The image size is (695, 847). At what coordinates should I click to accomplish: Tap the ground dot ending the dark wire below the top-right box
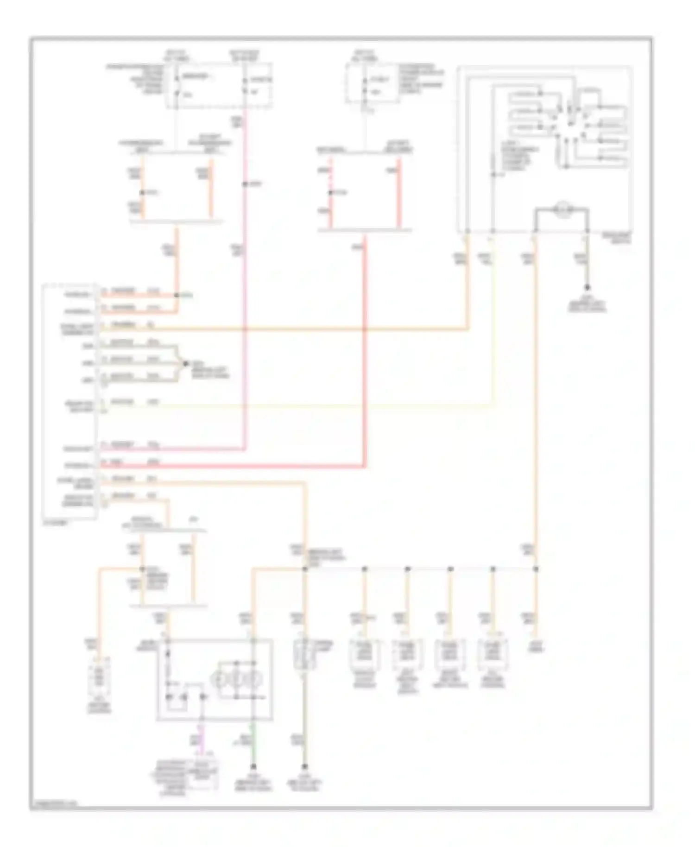[x=587, y=288]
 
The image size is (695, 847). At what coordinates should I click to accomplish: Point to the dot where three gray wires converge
[x=186, y=364]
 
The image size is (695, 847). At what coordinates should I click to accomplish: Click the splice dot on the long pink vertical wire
[x=244, y=184]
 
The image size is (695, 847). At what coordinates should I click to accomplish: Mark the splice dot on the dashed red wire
[x=330, y=192]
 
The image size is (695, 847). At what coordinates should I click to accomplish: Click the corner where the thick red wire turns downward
[x=366, y=465]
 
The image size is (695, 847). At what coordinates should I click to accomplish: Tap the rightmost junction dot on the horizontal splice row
[x=536, y=569]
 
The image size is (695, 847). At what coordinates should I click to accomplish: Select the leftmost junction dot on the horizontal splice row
[x=304, y=569]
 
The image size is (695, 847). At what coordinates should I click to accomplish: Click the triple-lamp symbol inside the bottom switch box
[x=236, y=680]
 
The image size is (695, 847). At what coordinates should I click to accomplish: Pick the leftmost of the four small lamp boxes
[x=365, y=654]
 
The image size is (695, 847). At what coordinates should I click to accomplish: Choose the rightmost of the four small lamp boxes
[x=493, y=654]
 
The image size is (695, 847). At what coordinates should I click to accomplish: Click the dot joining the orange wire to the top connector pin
[x=177, y=295]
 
